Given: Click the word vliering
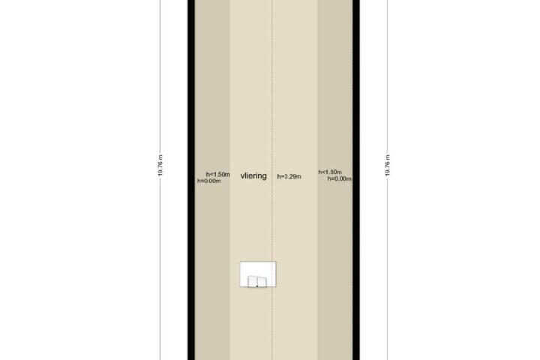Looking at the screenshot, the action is (253, 176).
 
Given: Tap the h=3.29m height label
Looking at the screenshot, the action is (289, 177).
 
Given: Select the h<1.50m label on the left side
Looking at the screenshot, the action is (218, 174).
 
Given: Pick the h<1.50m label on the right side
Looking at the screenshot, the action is (330, 172).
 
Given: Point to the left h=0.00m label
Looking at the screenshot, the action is (209, 181).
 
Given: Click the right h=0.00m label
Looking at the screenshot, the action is (340, 178).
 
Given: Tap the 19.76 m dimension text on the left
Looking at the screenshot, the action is (160, 166).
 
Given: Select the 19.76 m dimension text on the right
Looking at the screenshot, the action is (388, 166).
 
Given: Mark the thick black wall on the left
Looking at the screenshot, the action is (191, 180).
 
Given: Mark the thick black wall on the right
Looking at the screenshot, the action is (356, 180).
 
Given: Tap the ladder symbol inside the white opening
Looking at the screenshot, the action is (257, 281).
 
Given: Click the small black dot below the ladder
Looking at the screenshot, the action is (257, 286).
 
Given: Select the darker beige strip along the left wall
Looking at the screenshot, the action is (213, 103).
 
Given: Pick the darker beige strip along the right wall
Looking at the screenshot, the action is (335, 103).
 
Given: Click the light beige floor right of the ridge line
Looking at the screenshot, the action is (295, 103).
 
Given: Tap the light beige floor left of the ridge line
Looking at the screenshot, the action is (251, 103).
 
